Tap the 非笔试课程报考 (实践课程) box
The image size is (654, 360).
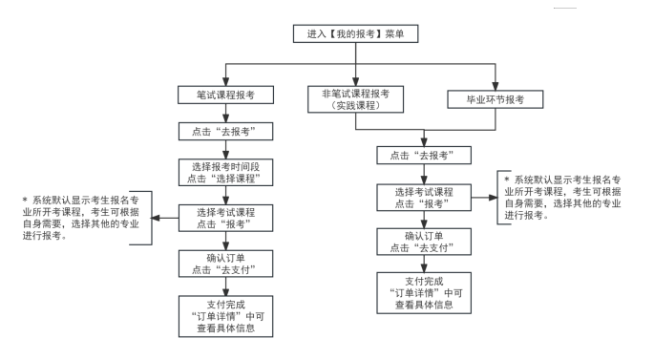point(355,99)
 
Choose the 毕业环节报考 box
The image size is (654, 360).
point(495,98)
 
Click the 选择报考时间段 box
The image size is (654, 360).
point(227,172)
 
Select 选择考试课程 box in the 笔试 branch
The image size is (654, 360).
point(227,217)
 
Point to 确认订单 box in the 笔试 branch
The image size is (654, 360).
point(227,263)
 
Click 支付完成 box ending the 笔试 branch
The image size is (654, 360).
point(227,317)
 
